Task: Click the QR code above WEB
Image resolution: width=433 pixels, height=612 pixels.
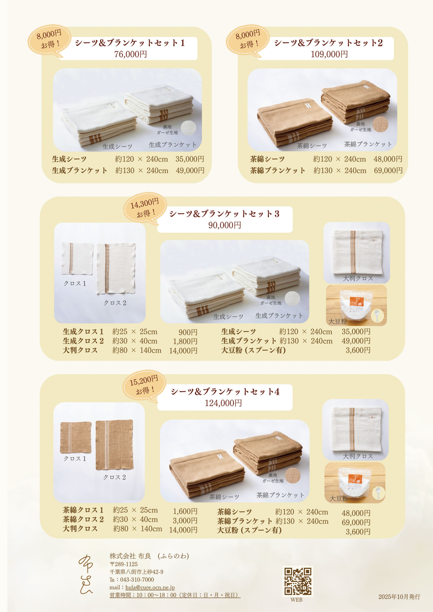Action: pos(298,581)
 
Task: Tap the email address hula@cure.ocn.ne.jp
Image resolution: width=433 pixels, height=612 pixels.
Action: pos(150,587)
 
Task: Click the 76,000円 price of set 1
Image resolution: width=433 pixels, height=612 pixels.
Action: pos(131,54)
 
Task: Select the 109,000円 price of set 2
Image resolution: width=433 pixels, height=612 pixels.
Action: pos(329,54)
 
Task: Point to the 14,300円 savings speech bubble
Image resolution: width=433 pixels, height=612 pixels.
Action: pos(145,208)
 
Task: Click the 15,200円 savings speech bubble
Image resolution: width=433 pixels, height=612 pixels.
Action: pos(144,386)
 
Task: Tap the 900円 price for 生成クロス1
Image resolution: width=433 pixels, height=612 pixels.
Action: pos(188,332)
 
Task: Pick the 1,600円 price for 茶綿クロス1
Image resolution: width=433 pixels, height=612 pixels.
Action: pos(185,511)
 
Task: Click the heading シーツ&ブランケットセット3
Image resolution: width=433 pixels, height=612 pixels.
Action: pos(224,214)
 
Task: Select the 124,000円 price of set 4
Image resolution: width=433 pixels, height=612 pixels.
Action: pos(223,403)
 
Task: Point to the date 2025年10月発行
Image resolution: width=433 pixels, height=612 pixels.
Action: pos(399,597)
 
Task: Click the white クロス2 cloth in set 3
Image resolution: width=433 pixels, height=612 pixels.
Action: pos(116,268)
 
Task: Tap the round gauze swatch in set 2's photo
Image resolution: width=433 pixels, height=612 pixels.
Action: pos(380,124)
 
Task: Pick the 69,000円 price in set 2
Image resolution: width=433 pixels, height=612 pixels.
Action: pos(388,171)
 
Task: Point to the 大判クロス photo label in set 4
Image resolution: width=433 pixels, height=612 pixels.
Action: pos(358,456)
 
